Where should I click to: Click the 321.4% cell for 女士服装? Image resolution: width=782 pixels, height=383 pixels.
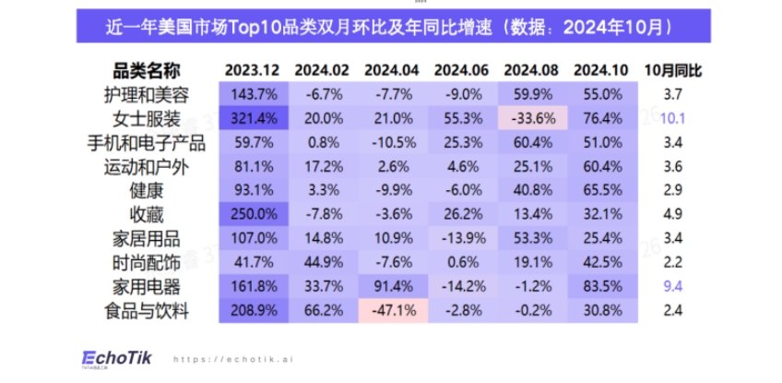pyautogui.click(x=252, y=118)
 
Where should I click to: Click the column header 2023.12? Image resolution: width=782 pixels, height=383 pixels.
pyautogui.click(x=252, y=71)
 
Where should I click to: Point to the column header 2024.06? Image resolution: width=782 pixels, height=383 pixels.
pyautogui.click(x=460, y=71)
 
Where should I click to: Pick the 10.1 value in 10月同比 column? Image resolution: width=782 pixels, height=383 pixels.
pyautogui.click(x=672, y=118)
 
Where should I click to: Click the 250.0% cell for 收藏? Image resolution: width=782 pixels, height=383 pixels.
pyautogui.click(x=252, y=214)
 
